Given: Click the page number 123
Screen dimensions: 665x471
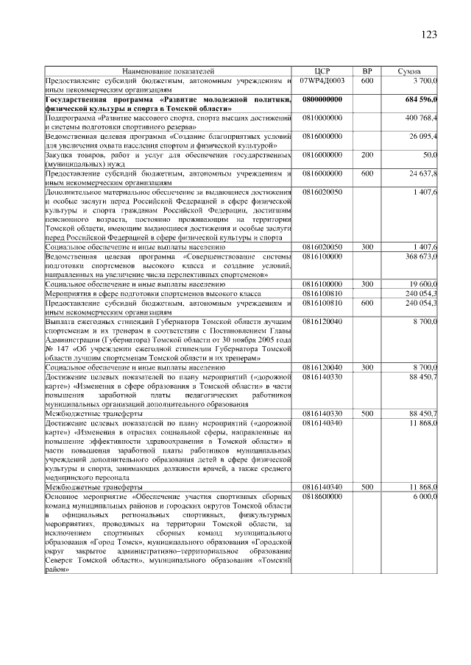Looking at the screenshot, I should coord(429,34).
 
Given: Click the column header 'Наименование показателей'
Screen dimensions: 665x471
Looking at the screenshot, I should coord(169,71).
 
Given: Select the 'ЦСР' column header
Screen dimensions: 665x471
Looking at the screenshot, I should coord(322,71).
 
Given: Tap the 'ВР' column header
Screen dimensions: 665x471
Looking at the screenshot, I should coord(367,71).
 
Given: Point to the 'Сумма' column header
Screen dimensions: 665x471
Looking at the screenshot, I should coord(409,71).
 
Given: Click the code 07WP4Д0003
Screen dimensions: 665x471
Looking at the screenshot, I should coord(322,80).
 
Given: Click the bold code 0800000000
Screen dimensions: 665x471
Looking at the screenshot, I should coord(322,98).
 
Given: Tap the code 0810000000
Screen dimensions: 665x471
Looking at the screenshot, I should coord(322,117).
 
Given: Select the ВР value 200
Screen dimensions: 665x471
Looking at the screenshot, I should coord(367,154).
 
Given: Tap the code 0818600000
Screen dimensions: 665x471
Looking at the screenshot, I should coord(322,496).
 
